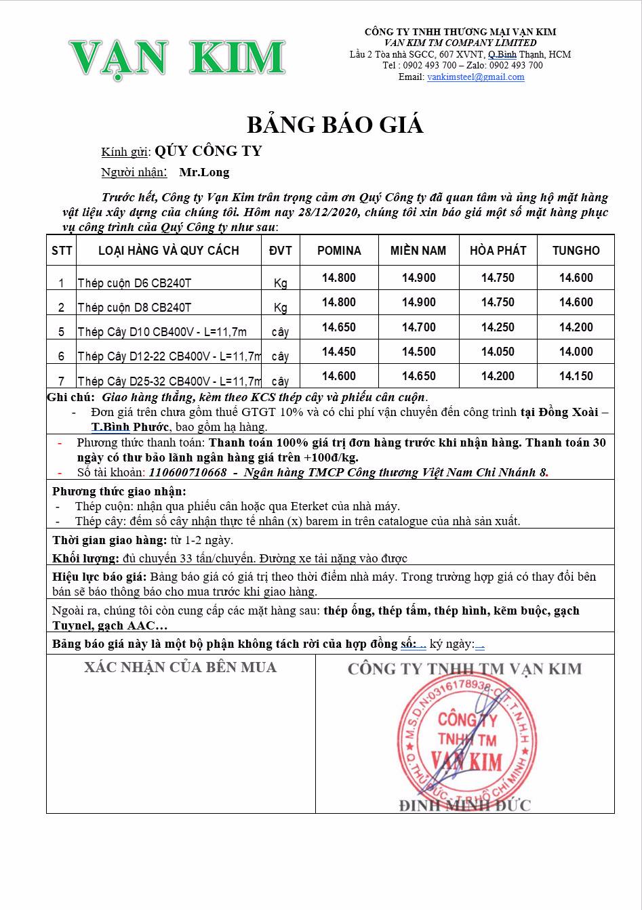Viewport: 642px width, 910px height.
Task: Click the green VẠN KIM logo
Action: (176, 58)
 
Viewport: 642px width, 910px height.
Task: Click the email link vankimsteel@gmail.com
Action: (475, 77)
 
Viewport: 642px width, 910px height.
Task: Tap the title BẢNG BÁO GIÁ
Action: (335, 125)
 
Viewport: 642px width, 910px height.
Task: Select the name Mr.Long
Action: (204, 172)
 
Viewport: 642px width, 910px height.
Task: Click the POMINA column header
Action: (339, 251)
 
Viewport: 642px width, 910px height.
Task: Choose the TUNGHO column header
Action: (576, 251)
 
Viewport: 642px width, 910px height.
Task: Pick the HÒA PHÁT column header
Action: (498, 251)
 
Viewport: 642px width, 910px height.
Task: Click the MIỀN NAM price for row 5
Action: (418, 327)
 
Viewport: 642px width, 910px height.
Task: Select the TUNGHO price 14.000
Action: (576, 352)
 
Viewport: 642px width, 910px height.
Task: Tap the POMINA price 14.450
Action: (339, 352)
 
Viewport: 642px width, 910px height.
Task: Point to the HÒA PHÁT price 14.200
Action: (498, 376)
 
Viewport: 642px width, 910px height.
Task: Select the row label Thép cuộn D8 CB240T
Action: (134, 308)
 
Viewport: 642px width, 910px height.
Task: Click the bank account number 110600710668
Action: (188, 472)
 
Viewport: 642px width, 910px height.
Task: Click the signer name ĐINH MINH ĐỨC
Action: (464, 805)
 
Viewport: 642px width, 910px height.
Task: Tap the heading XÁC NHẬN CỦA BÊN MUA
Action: (180, 667)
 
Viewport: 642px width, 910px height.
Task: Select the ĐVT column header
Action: (280, 251)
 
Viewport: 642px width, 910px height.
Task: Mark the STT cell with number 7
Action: (61, 381)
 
